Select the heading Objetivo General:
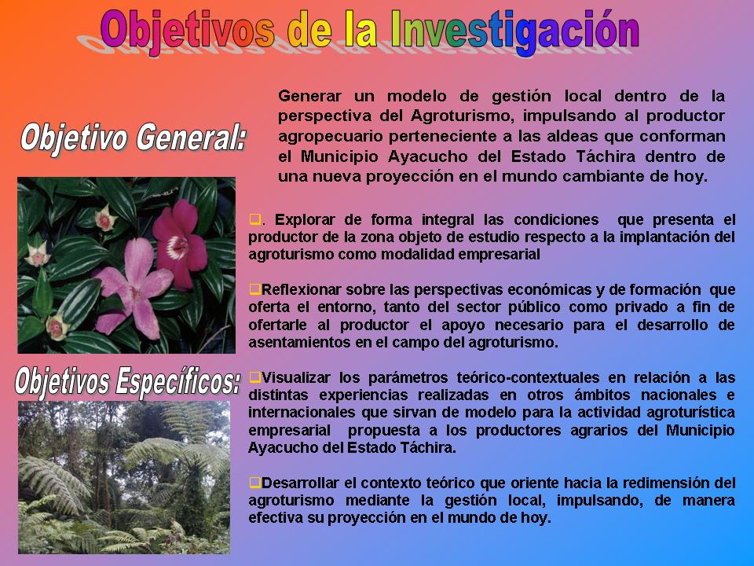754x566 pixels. click(x=134, y=138)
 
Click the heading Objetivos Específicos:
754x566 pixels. click(x=127, y=382)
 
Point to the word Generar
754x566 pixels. click(x=309, y=96)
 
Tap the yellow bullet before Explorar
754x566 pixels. click(x=254, y=219)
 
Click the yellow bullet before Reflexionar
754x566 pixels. click(x=254, y=289)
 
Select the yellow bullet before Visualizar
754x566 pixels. click(x=254, y=377)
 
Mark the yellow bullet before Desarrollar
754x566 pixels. click(x=254, y=482)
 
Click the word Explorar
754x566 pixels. click(x=305, y=220)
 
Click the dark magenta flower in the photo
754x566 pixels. click(x=180, y=244)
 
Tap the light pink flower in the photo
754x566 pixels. click(x=134, y=288)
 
